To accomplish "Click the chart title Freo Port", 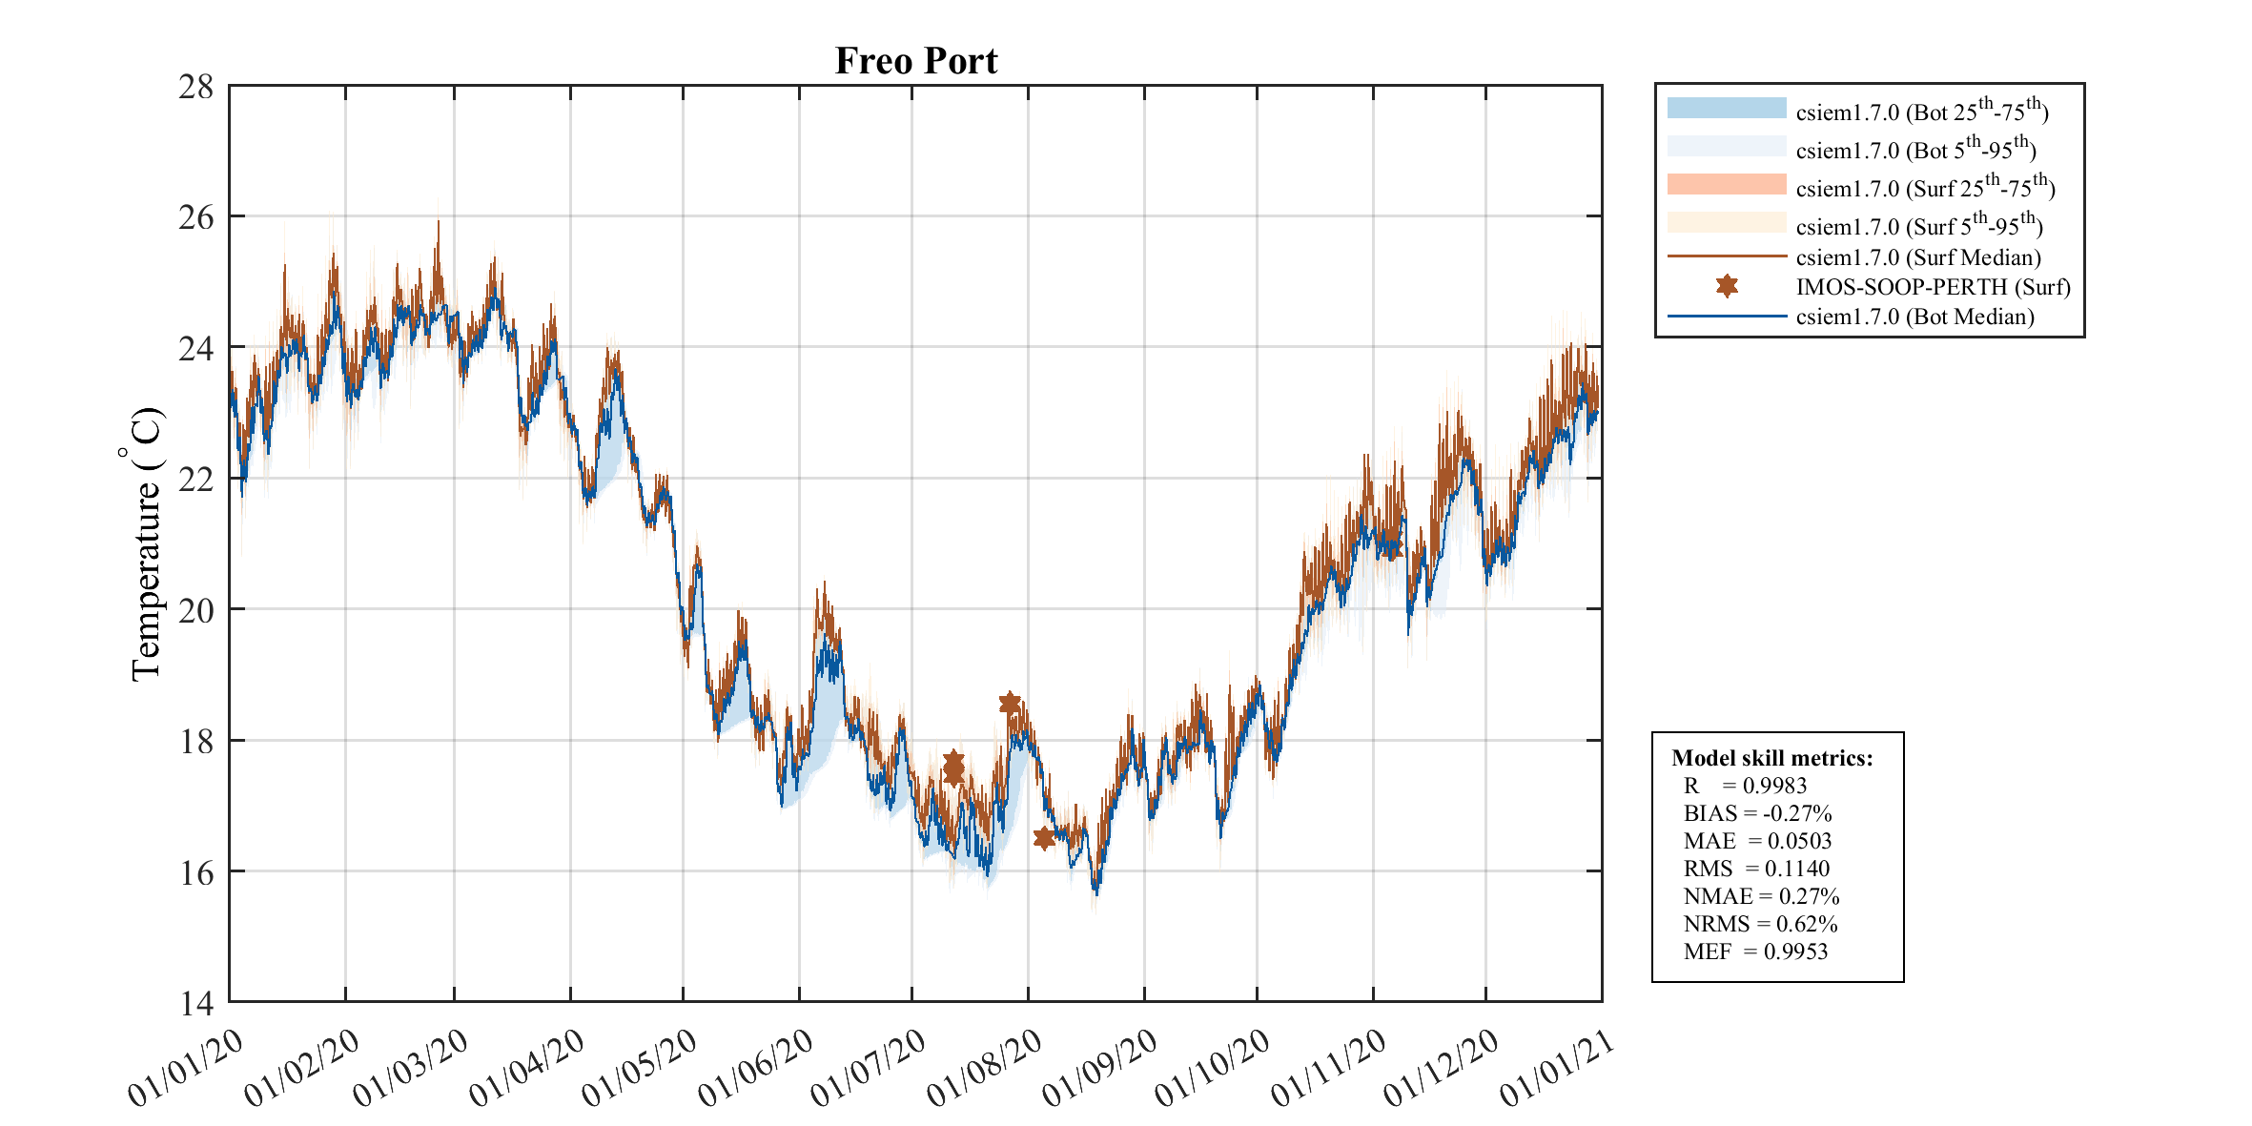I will [x=915, y=61].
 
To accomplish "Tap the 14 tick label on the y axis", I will [x=196, y=1003].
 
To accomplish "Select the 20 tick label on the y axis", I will [x=196, y=610].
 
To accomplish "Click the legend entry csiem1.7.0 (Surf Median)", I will [x=1917, y=257].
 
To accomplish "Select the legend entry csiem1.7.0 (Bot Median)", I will [x=1914, y=317].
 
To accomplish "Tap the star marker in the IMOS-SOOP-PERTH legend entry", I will [x=1727, y=286].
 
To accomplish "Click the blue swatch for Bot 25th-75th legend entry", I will [x=1727, y=108].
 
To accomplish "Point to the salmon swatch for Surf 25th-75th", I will [x=1727, y=184].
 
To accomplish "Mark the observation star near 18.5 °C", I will [x=1010, y=704].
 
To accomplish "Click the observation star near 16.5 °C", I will [x=1044, y=838].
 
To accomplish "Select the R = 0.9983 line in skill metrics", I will [x=1745, y=786].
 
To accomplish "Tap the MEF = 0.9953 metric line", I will [x=1755, y=952].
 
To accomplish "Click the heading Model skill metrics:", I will [x=1771, y=758].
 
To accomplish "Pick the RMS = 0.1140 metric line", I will [x=1756, y=869].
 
